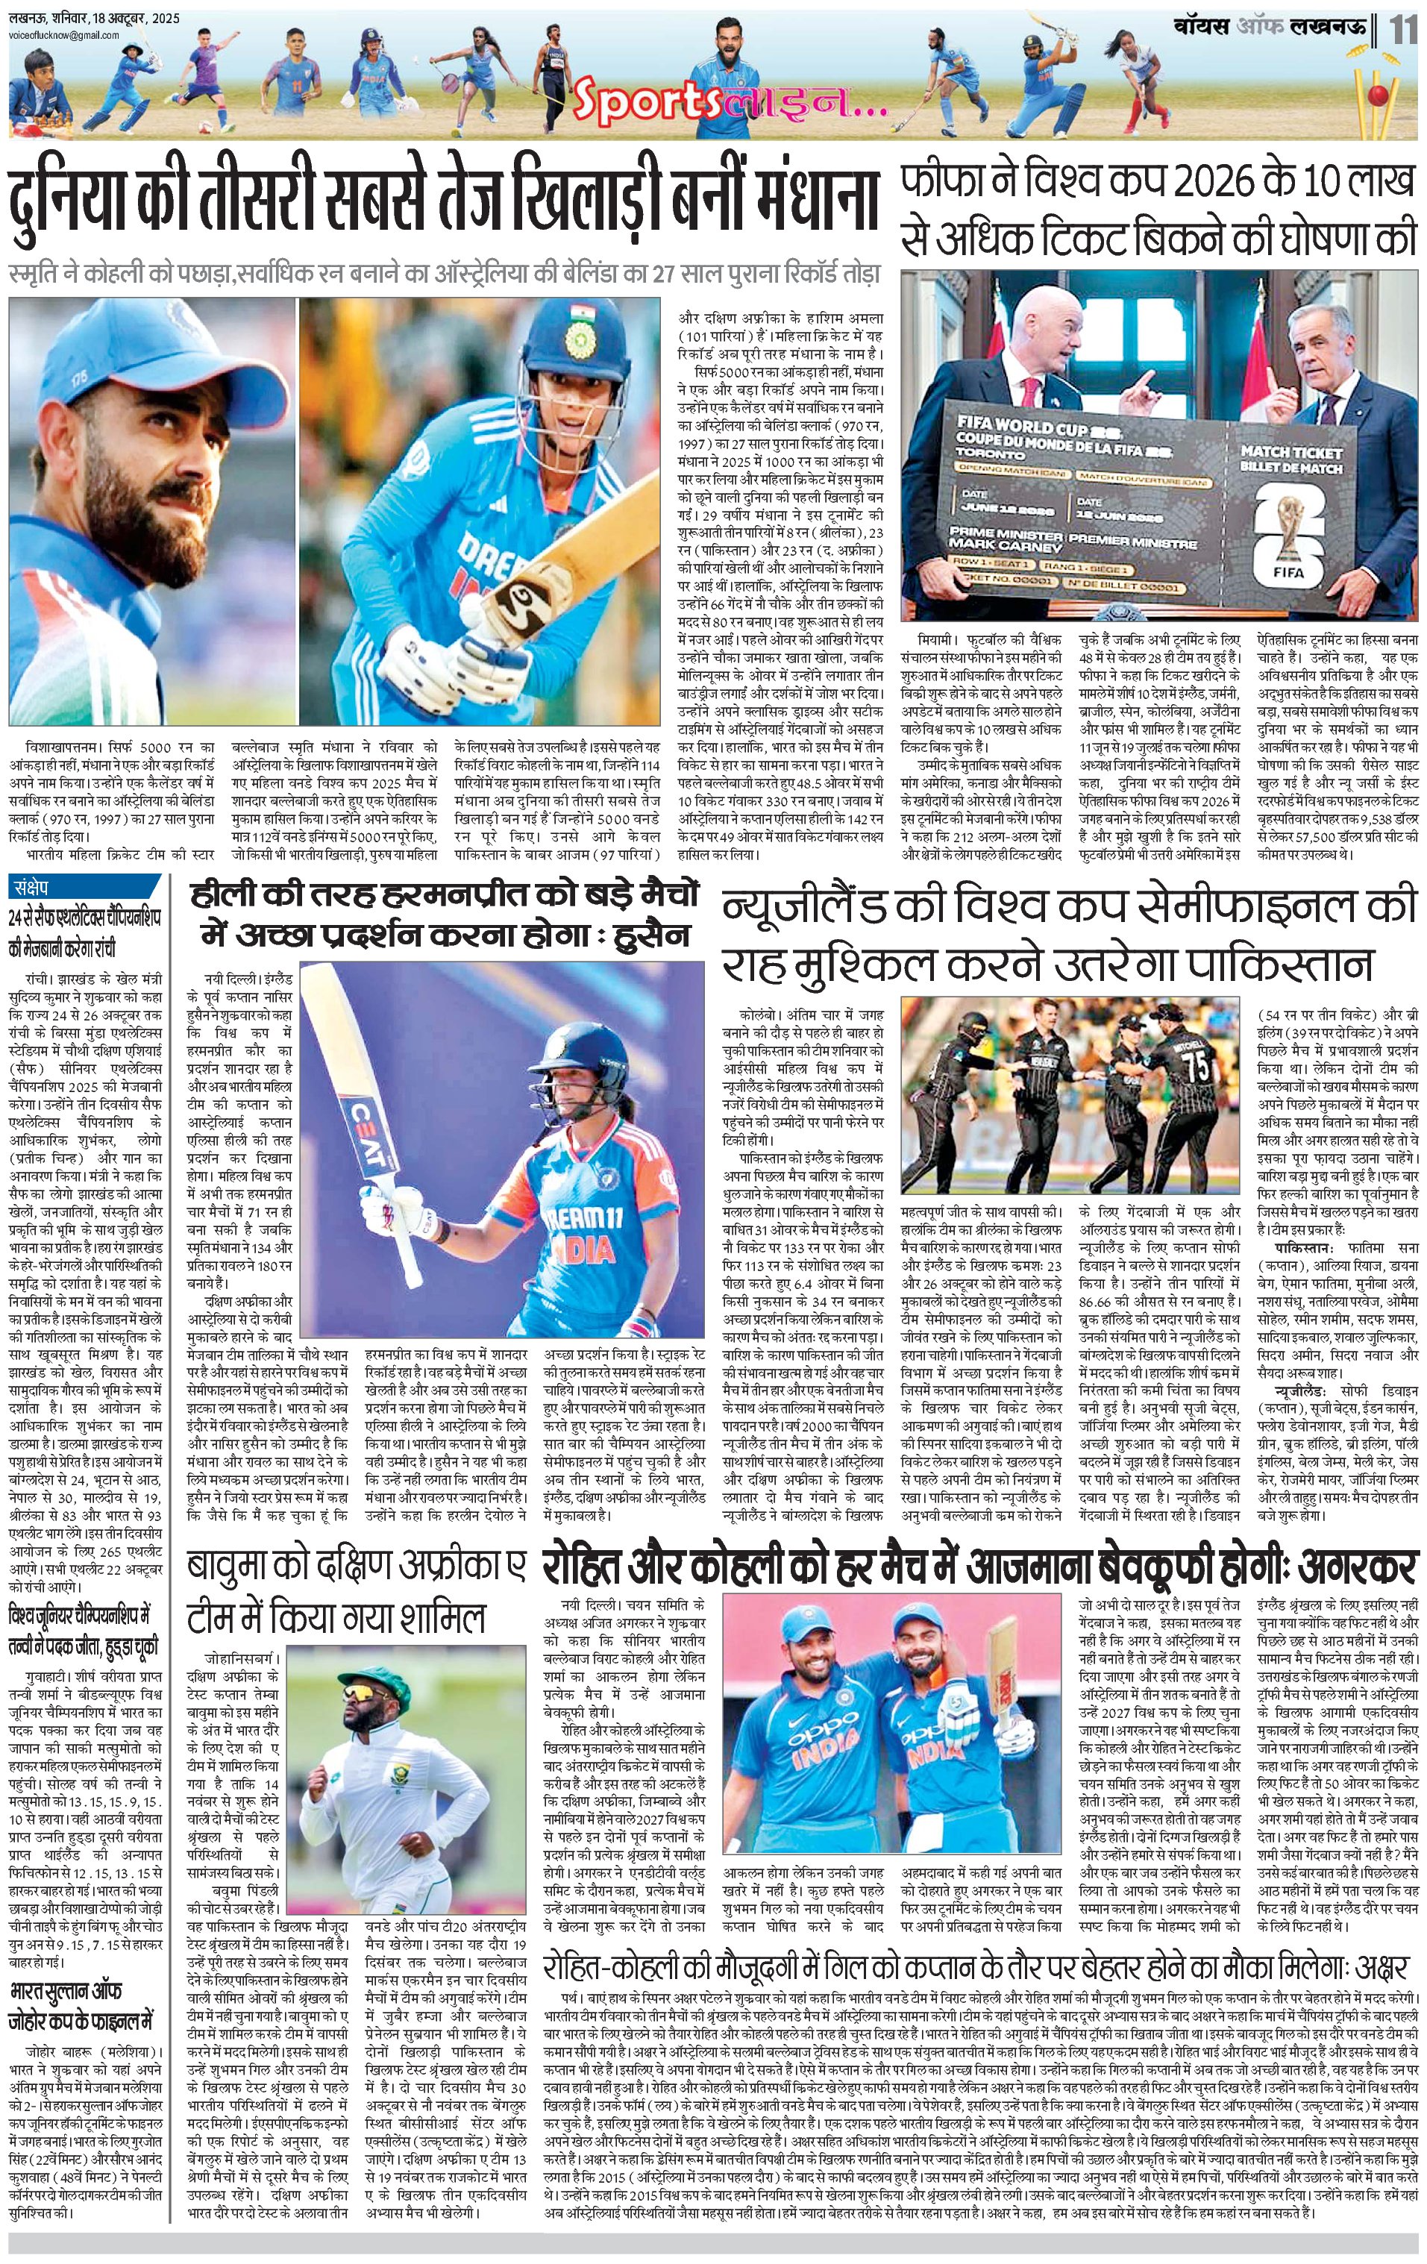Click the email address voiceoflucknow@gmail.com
coord(64,36)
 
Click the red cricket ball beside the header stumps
coord(1378,94)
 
